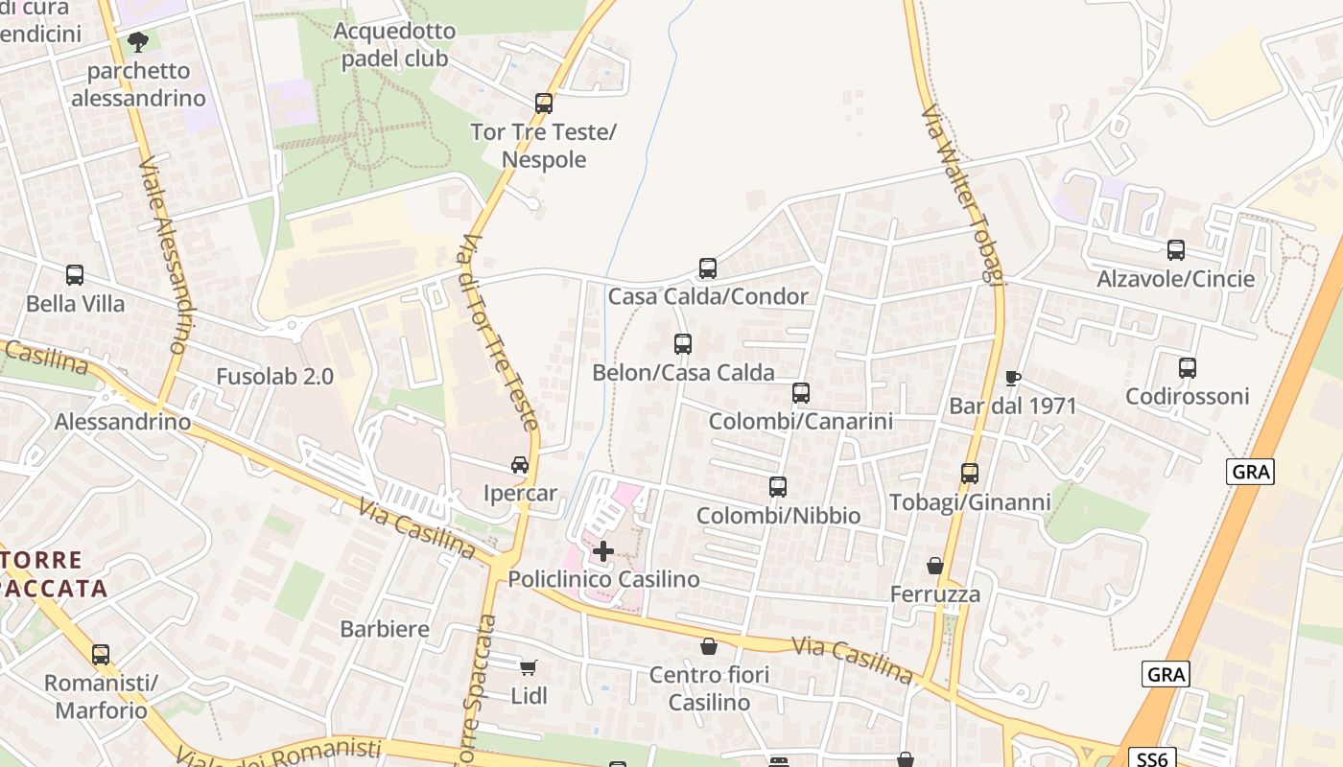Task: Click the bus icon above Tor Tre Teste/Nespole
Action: tap(544, 103)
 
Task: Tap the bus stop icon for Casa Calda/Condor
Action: tap(708, 268)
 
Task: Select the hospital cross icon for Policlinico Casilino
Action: tap(603, 551)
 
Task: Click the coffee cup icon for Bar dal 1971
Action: tap(1012, 378)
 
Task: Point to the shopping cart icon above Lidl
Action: tap(529, 667)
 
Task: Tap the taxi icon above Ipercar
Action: tap(520, 465)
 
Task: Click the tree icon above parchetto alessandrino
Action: tap(138, 42)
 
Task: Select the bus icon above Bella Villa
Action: tap(75, 275)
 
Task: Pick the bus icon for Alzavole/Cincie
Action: tap(1176, 250)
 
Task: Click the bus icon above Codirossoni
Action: tap(1188, 368)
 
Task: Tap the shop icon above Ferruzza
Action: tap(935, 567)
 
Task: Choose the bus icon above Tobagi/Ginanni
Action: tap(970, 474)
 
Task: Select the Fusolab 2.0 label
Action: tap(275, 377)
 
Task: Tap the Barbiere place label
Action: tap(385, 630)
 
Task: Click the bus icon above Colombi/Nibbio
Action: tap(778, 487)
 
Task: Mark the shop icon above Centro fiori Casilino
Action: tap(709, 647)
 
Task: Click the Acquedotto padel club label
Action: tap(394, 45)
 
